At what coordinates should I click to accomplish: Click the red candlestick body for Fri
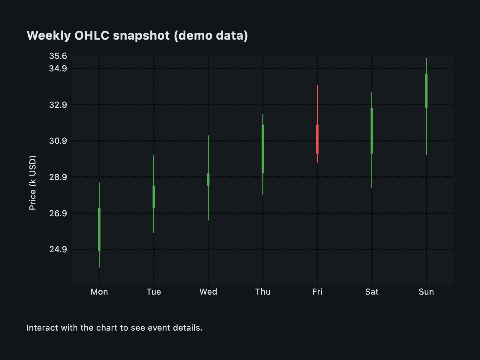[x=317, y=139]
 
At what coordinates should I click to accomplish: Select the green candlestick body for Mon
[x=99, y=229]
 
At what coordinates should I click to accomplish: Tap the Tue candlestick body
[x=154, y=197]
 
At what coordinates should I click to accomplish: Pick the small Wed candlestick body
[x=208, y=180]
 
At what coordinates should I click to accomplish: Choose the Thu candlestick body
[x=263, y=149]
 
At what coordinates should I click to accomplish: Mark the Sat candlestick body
[x=372, y=131]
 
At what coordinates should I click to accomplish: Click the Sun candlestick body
[x=426, y=91]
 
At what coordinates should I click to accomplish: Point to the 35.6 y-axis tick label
[x=58, y=56]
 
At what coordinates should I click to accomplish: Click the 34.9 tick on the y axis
[x=58, y=69]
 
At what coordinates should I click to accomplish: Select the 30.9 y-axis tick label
[x=58, y=141]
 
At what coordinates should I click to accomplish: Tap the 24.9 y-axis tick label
[x=58, y=249]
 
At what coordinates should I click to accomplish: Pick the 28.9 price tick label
[x=58, y=177]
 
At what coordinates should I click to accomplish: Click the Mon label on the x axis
[x=99, y=292]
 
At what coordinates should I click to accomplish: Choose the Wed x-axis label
[x=208, y=292]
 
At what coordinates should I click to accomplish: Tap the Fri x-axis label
[x=317, y=292]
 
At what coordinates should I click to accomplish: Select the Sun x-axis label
[x=426, y=292]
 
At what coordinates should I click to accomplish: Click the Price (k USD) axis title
[x=32, y=183]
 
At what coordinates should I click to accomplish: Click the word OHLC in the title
[x=92, y=35]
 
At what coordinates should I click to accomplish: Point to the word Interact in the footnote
[x=42, y=328]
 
